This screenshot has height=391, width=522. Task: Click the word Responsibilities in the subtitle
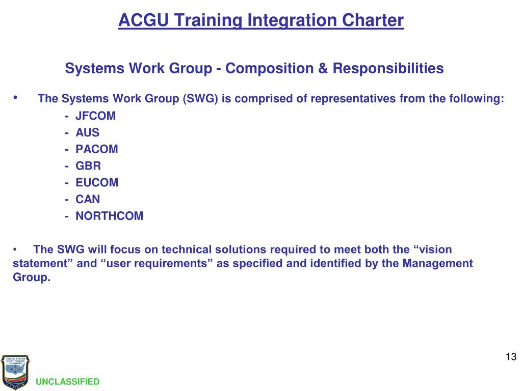(x=388, y=68)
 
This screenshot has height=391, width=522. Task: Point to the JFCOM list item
(x=95, y=116)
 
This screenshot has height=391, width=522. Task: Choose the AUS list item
(x=87, y=133)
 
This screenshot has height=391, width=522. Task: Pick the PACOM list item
(x=96, y=149)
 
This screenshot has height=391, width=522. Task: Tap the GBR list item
(x=88, y=166)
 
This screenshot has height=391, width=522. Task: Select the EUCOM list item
(x=97, y=182)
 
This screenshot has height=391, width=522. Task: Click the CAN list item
(x=88, y=199)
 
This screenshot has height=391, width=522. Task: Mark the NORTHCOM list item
(x=109, y=216)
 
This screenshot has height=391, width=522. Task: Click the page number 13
(x=511, y=356)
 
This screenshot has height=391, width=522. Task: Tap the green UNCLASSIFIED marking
(x=68, y=382)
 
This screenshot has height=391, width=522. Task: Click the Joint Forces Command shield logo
(x=15, y=372)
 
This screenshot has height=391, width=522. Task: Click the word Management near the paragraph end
(x=438, y=263)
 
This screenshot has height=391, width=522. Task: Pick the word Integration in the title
(x=286, y=20)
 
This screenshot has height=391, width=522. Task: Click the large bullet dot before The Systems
(x=16, y=97)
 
